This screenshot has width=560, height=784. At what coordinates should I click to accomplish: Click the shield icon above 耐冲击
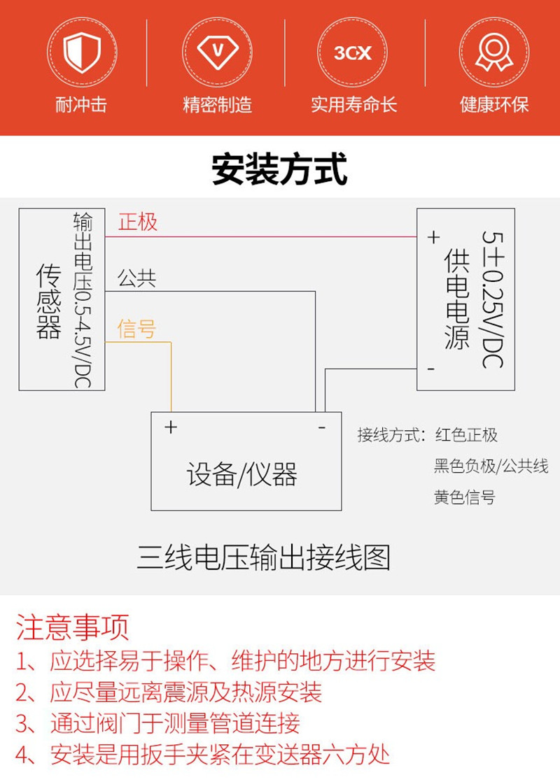82,52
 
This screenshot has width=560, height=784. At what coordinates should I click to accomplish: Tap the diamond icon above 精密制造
217,52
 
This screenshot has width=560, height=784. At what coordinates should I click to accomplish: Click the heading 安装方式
279,169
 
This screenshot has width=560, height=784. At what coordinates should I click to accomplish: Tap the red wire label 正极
138,222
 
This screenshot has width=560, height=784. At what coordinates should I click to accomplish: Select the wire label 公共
136,279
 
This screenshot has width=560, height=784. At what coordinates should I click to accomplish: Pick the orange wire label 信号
136,329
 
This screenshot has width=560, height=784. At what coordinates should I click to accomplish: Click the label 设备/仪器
242,475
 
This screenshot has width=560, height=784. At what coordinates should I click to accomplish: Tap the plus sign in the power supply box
433,238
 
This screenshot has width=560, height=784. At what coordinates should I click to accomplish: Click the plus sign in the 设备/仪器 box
171,427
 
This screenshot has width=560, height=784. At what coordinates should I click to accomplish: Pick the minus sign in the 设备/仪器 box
321,427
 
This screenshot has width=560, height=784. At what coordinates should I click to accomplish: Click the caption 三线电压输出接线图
263,558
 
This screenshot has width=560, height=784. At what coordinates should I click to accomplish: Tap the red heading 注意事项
73,627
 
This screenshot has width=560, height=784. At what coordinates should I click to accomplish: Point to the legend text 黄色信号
465,498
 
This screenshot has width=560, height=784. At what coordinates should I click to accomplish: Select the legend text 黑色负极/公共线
491,466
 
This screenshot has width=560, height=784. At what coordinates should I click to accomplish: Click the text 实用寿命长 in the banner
353,105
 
